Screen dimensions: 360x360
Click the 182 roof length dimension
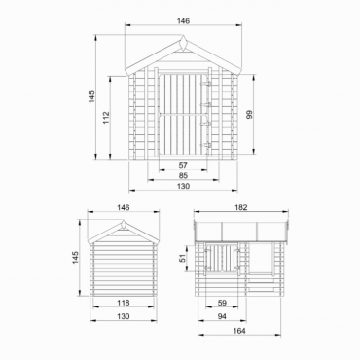[x=240, y=207]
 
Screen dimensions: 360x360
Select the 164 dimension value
[x=239, y=331]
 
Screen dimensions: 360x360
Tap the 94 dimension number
[x=222, y=316]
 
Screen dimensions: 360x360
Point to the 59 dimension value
[x=222, y=303]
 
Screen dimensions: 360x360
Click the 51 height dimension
[x=183, y=258]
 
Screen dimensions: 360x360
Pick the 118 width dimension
[x=124, y=303]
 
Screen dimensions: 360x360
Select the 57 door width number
[x=183, y=165]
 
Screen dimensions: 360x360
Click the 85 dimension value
[x=183, y=176]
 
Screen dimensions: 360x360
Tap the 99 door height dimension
[x=249, y=114]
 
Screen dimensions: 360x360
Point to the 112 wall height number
[x=106, y=118]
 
